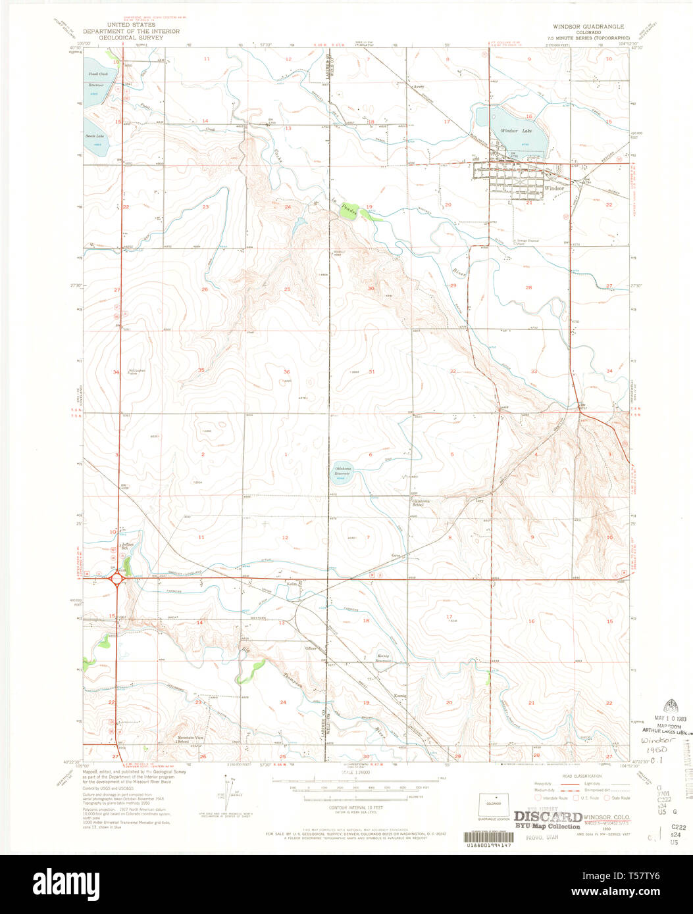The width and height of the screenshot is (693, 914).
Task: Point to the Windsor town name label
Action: click(554, 188)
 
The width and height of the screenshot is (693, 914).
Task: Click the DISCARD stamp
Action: click(543, 816)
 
